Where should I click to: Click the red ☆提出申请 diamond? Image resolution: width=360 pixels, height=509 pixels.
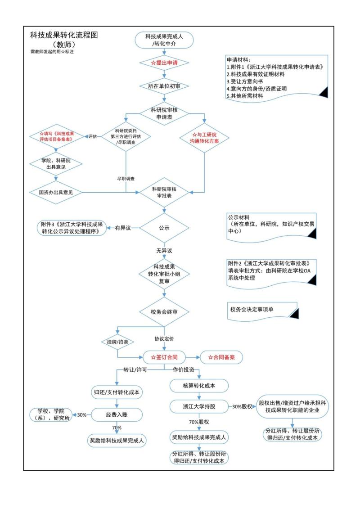point(164,63)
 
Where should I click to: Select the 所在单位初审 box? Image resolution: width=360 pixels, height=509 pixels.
point(164,86)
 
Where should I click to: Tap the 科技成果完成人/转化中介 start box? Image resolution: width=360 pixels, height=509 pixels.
point(164,39)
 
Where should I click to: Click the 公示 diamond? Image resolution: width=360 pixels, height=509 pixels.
point(164,228)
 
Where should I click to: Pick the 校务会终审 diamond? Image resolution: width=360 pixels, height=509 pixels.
point(164,311)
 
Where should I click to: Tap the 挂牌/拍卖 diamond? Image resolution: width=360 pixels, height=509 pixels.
point(117,342)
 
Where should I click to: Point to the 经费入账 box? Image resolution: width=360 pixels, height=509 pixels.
point(117,414)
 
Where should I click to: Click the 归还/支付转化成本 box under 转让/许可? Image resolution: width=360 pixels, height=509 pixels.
point(117,392)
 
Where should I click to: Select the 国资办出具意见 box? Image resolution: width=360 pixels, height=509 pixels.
point(56,193)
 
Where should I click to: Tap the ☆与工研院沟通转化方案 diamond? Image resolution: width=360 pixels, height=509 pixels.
point(205,138)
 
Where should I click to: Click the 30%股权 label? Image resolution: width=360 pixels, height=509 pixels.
point(242,406)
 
